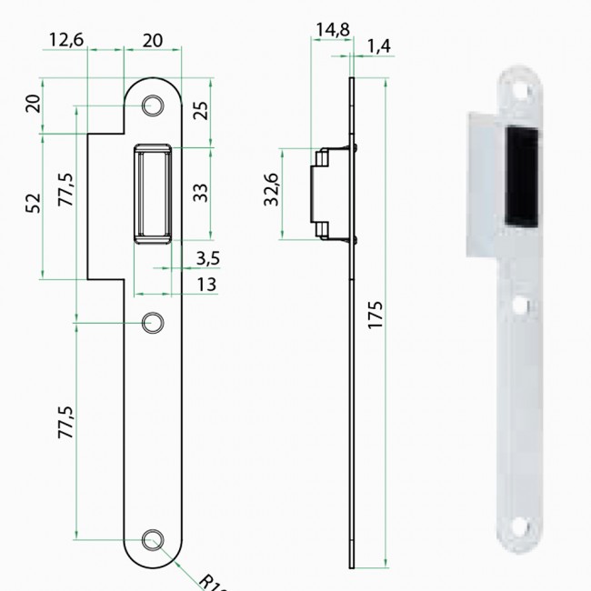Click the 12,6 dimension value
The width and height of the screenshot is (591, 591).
[x=66, y=40]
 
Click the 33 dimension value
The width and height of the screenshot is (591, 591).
[x=202, y=192]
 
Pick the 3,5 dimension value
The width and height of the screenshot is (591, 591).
[x=207, y=259]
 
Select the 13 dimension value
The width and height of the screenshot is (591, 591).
[x=207, y=285]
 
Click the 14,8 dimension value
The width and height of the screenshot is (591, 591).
[x=332, y=30]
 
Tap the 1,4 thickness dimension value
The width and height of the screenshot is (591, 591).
[x=380, y=45]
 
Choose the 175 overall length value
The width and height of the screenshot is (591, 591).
[x=377, y=314]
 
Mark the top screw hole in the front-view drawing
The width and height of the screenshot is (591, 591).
[x=155, y=106]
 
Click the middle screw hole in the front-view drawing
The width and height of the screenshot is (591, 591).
[x=155, y=322]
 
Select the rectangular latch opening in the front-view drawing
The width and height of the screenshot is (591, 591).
[x=155, y=194]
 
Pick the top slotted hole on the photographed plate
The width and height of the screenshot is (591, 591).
[x=521, y=92]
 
